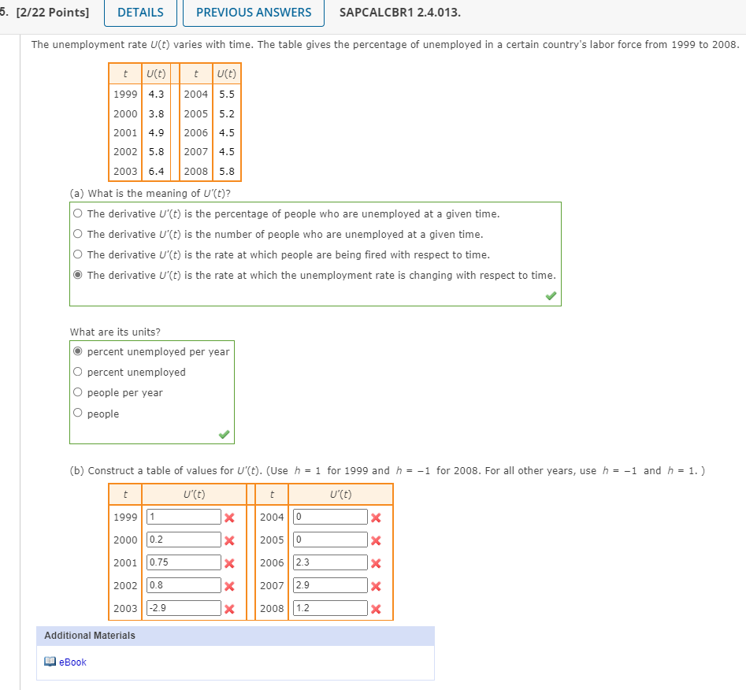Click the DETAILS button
point(140,13)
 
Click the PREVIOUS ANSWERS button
point(254,13)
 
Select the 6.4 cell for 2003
point(156,171)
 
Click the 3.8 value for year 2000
point(156,113)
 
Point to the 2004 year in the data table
point(195,94)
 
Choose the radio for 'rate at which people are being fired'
point(77,254)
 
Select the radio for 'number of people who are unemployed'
point(77,234)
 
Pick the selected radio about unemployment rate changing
point(77,275)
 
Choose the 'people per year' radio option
point(77,392)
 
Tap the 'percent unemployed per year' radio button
point(77,351)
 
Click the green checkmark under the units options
point(225,434)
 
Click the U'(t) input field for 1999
point(184,517)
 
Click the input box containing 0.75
point(184,562)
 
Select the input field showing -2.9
point(184,608)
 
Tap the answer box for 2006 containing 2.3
point(330,562)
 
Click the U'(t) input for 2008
point(330,608)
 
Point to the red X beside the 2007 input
point(377,585)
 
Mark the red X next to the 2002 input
point(229,585)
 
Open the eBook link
point(72,662)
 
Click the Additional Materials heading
point(90,636)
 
